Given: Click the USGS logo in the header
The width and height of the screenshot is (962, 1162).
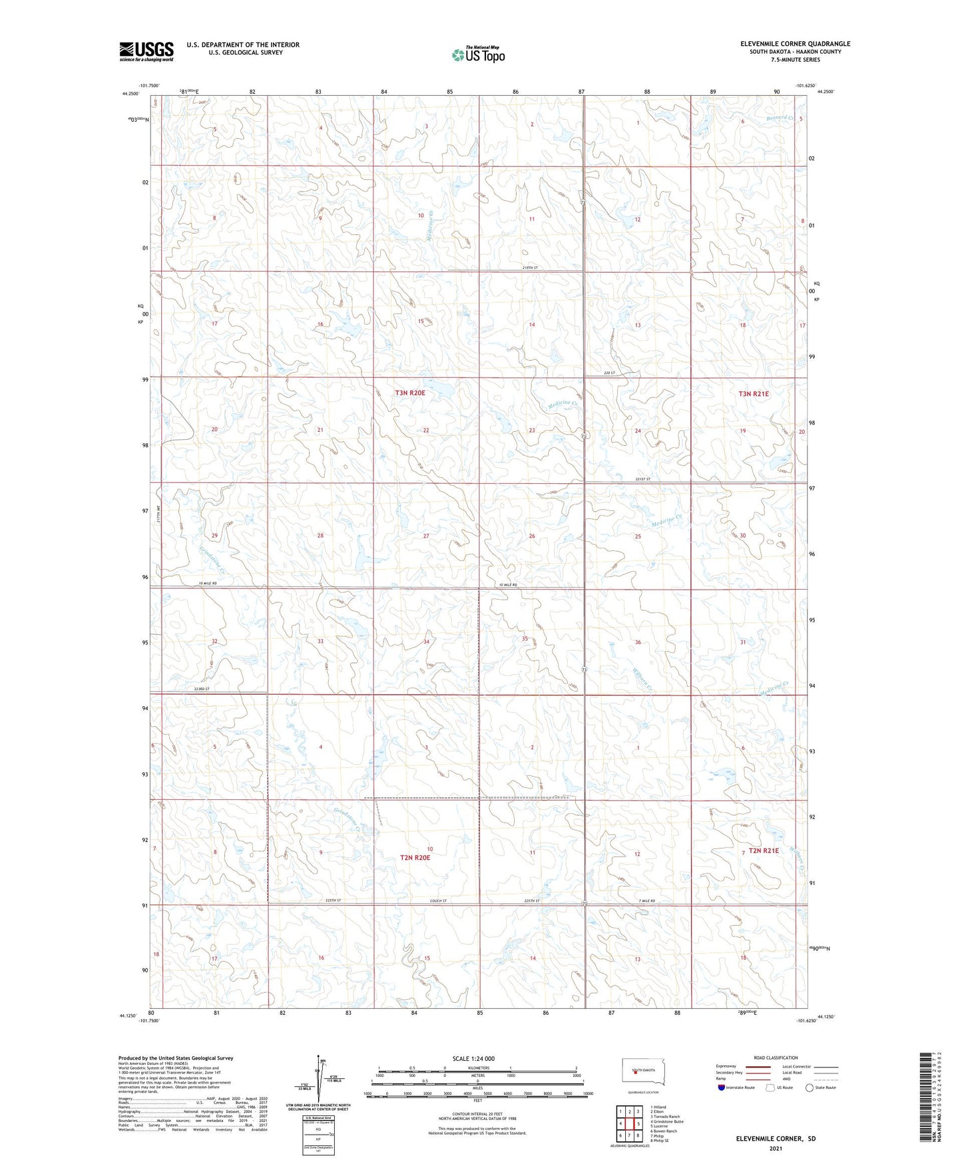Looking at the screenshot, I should pos(146,51).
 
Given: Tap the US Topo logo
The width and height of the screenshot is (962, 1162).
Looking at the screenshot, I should pos(478,55).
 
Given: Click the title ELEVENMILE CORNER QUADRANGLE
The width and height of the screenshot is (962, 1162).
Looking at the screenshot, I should pos(795,44).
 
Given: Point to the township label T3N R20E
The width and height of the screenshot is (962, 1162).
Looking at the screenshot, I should pos(410,393).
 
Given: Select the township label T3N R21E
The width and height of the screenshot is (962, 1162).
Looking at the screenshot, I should pos(754,394).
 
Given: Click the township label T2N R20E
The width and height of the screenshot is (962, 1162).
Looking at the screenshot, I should pos(415,858).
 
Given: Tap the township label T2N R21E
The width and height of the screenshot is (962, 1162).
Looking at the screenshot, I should pos(764,851).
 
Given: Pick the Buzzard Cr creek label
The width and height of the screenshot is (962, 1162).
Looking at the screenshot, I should pos(780,118).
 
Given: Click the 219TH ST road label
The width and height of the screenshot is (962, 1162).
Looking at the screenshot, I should pos(530,268).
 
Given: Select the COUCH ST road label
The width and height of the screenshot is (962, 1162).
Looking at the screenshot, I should pos(439,901).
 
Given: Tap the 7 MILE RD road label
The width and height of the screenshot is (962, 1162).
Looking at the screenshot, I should pos(646,901).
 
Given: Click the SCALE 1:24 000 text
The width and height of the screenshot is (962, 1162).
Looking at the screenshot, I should pos(473,1059).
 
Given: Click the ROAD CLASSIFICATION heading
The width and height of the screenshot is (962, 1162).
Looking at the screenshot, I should pos(776,1058).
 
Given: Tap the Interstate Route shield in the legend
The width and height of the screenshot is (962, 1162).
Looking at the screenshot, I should pos(722,1088).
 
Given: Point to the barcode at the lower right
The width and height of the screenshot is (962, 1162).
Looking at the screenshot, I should pos(925,1096).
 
